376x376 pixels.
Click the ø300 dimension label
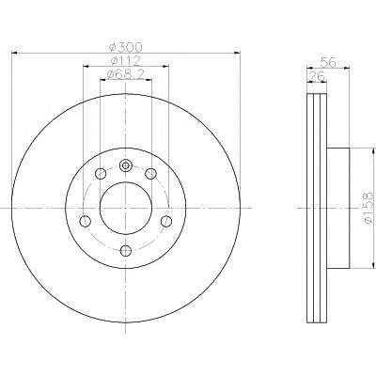(x=125, y=47)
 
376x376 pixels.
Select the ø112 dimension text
(x=125, y=60)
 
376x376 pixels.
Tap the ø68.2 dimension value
(x=125, y=74)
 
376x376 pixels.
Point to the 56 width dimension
(x=328, y=63)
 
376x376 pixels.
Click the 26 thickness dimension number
(x=317, y=76)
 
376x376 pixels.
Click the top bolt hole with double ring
(x=126, y=165)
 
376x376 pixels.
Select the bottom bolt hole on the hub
(x=126, y=250)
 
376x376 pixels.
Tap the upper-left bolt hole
(x=101, y=173)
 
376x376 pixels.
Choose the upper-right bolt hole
(x=151, y=173)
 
